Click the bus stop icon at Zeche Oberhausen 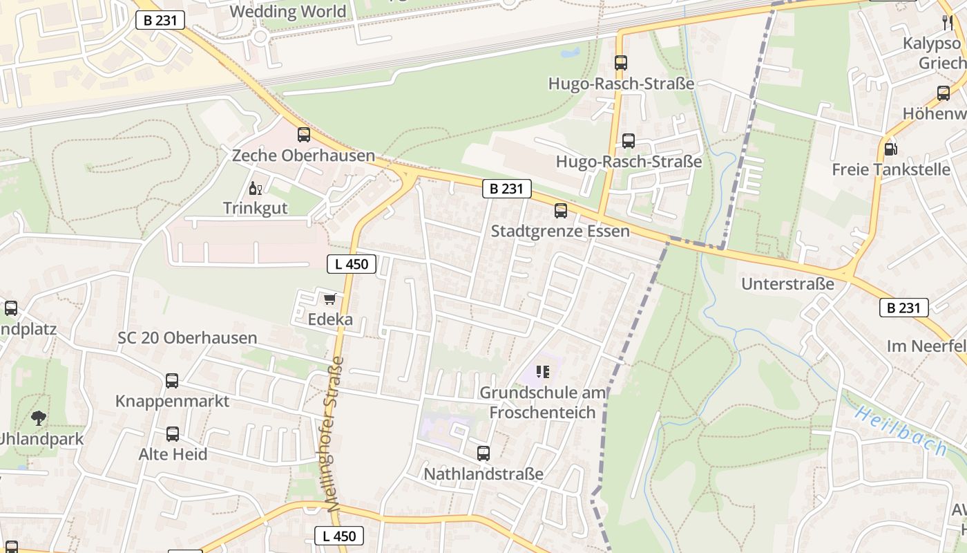coord(304,135)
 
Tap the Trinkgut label coord(255,207)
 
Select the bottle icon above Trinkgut coord(255,188)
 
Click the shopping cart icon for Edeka coord(330,299)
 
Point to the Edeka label coord(330,319)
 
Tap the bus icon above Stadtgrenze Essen coord(560,211)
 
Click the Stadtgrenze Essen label coord(560,231)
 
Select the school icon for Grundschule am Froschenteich coord(543,373)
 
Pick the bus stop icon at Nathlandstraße coord(483,453)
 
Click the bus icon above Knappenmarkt coord(172,381)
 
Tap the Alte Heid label coord(173,454)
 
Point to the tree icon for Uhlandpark coord(39,418)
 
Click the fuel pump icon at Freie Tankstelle coord(891,149)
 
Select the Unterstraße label coord(787,284)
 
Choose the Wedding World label coord(287,12)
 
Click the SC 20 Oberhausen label coord(187,338)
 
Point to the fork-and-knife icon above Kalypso coord(947,23)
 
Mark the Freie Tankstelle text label coord(891,169)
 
